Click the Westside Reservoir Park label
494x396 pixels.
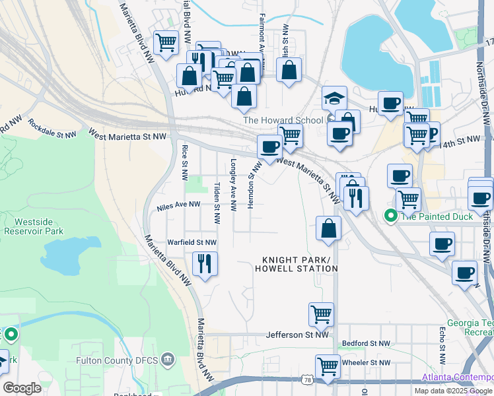point(33,226)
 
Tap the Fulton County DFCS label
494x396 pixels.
point(114,360)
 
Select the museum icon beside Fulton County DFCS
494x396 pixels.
point(168,360)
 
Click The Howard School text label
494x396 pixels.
point(284,120)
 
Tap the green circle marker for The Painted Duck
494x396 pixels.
point(390,215)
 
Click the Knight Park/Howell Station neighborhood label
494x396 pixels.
point(297,264)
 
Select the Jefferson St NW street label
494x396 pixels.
point(297,335)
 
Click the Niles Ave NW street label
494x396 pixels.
point(178,206)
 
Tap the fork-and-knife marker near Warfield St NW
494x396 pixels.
point(205,264)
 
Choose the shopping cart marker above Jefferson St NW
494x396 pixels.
point(321,314)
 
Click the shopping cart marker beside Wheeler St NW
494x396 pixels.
point(328,366)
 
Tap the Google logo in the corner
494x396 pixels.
point(22,388)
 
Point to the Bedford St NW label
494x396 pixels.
point(365,344)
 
